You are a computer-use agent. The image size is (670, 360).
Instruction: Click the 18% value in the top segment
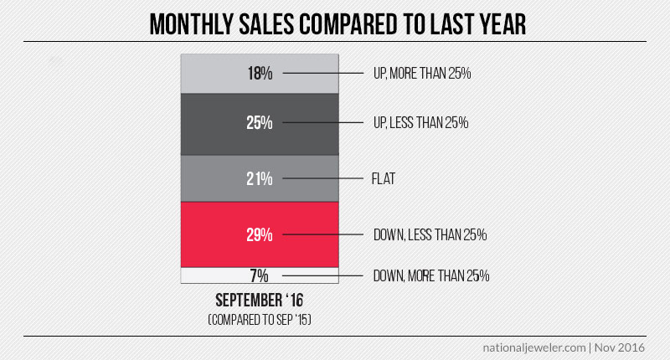tap(260, 74)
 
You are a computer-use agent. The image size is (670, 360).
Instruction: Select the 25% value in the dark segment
tap(260, 123)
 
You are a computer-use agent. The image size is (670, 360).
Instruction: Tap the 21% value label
tap(260, 178)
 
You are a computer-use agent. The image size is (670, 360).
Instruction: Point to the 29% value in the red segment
tap(260, 234)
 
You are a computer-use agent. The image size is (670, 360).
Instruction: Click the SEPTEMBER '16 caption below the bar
tap(260, 301)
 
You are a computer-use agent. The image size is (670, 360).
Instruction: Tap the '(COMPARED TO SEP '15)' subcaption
tap(260, 318)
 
